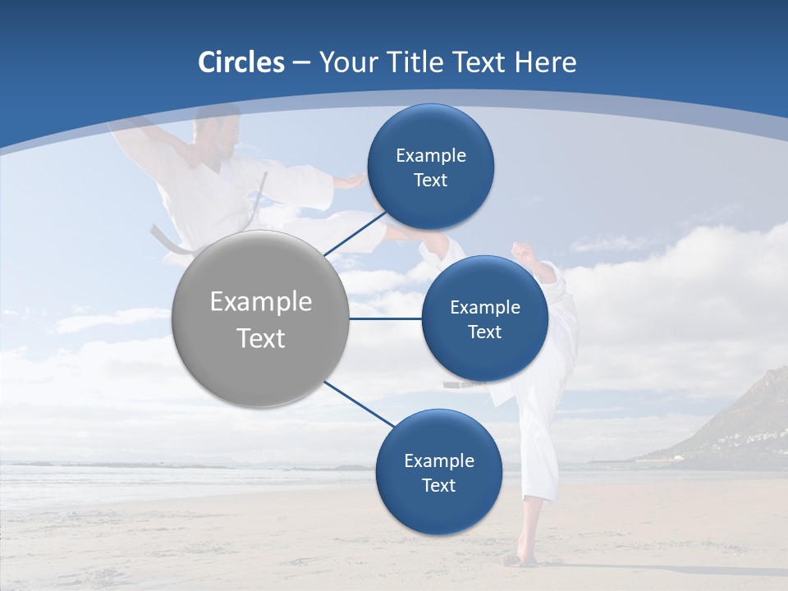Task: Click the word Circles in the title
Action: pos(241,62)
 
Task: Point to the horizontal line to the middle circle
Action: pos(386,318)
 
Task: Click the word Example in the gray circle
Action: pos(261,302)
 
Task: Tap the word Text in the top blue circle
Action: pos(430,181)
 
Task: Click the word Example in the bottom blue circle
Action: pos(438,461)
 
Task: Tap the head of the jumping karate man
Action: pos(212,131)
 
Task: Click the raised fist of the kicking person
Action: pos(521,250)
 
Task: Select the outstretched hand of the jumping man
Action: pos(353,181)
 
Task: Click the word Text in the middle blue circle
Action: pos(484,332)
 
